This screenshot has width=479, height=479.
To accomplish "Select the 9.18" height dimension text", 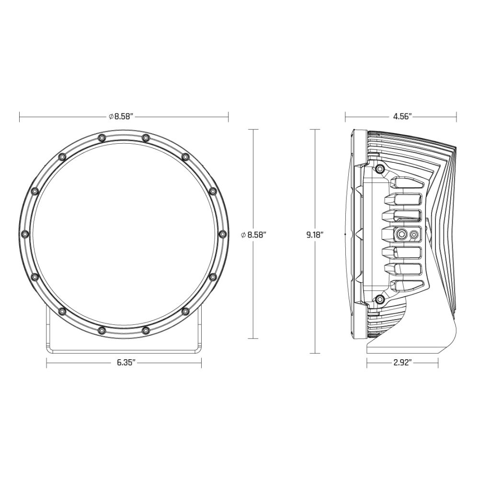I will tap(314, 235).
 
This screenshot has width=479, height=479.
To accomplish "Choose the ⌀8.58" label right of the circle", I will tap(253, 235).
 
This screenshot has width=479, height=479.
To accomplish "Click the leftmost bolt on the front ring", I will tap(25, 234).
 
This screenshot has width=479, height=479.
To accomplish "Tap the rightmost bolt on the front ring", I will tap(222, 234).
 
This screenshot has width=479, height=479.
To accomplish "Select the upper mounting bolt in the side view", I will tap(380, 169).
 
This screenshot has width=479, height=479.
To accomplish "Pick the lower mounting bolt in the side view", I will tap(380, 299).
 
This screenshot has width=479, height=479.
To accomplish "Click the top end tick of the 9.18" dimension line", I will tap(314, 129).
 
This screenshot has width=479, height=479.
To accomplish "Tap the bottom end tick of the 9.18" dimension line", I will tap(314, 354).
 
